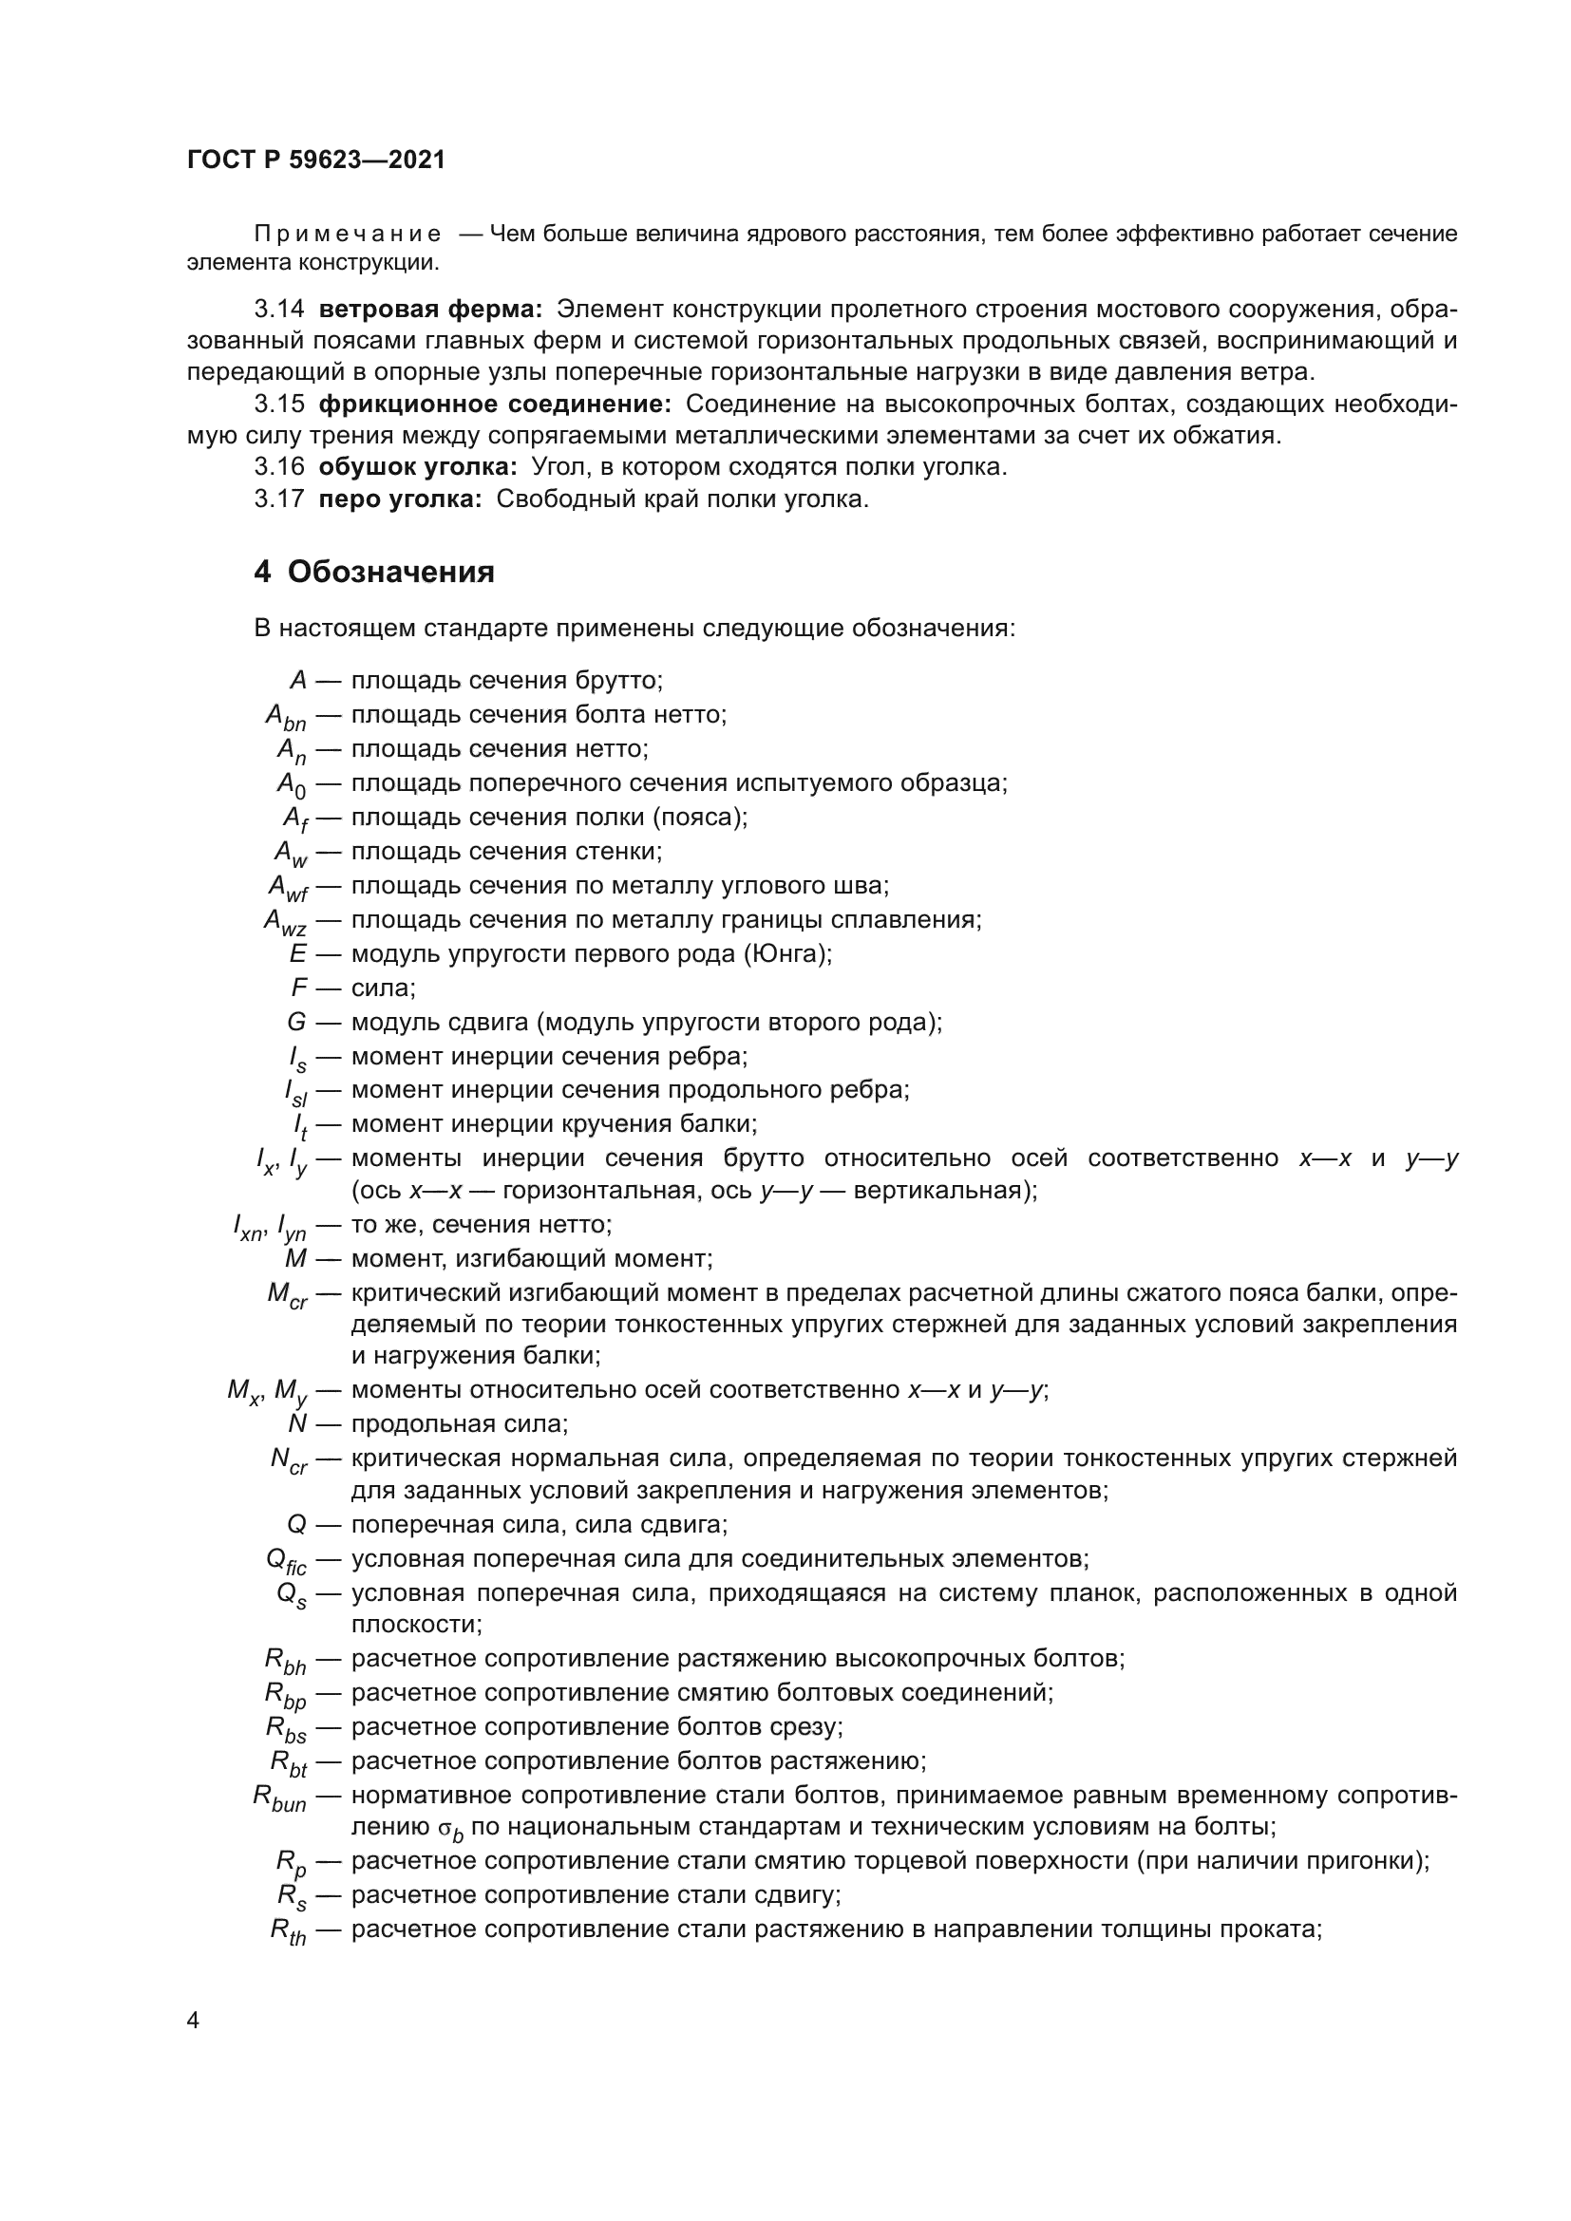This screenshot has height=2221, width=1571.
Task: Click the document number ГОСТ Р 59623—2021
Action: click(x=316, y=160)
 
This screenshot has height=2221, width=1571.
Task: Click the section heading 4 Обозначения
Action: click(x=373, y=572)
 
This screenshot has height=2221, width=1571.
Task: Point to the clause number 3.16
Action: click(x=278, y=467)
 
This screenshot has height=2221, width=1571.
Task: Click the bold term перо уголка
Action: click(x=400, y=499)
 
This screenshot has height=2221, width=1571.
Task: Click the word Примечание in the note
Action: click(x=348, y=235)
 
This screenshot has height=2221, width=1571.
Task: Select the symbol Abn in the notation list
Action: click(x=285, y=717)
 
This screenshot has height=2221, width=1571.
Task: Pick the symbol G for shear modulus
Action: click(x=296, y=1023)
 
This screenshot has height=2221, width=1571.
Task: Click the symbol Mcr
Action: click(x=287, y=1295)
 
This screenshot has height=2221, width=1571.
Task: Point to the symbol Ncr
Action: click(x=289, y=1461)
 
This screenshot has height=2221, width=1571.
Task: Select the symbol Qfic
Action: click(x=285, y=1561)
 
